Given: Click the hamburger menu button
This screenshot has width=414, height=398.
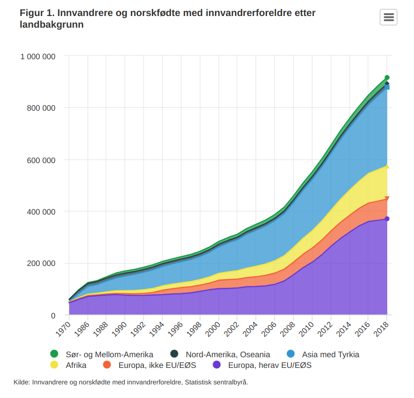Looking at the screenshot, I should click(x=388, y=17).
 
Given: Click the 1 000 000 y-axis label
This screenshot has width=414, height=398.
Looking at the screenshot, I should click(x=38, y=56).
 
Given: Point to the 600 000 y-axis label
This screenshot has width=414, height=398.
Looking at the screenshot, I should click(x=41, y=160).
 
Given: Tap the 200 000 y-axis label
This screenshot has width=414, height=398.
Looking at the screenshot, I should click(x=41, y=264).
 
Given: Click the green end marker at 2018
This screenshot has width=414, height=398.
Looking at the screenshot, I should click(x=387, y=78).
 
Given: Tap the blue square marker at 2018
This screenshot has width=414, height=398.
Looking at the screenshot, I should click(x=387, y=87).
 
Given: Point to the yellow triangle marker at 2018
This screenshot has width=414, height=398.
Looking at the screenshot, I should click(x=387, y=166).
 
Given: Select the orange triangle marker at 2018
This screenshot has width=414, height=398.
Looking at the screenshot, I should click(x=387, y=199).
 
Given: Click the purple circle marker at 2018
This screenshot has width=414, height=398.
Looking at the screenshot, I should click(x=387, y=219).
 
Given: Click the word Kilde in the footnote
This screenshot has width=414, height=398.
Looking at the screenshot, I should click(x=21, y=382).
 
